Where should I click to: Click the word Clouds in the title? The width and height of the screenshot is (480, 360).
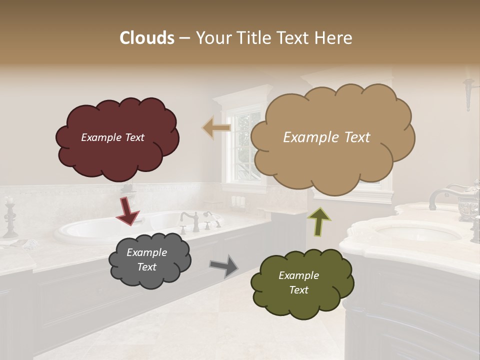147,38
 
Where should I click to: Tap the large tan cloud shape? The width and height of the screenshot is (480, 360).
330,160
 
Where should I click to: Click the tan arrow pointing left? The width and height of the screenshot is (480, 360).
216,128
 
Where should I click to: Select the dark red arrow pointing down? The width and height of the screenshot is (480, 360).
127,210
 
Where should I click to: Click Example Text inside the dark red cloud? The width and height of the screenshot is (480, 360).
112,137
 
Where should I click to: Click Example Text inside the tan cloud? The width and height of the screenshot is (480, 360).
326,137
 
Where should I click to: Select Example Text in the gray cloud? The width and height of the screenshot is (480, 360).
146,259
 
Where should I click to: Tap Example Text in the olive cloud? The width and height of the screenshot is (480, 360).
298,282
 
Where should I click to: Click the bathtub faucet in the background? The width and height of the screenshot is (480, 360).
191,220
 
